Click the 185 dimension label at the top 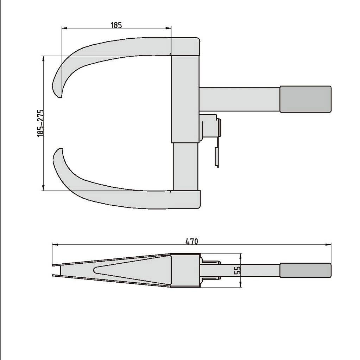[116, 25]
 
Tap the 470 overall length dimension [192, 242]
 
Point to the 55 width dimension [238, 270]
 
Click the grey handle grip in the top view [305, 99]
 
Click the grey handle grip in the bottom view [305, 270]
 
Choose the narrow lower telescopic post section [185, 167]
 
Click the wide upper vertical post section [185, 98]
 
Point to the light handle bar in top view [239, 99]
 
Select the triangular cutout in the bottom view [130, 270]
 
